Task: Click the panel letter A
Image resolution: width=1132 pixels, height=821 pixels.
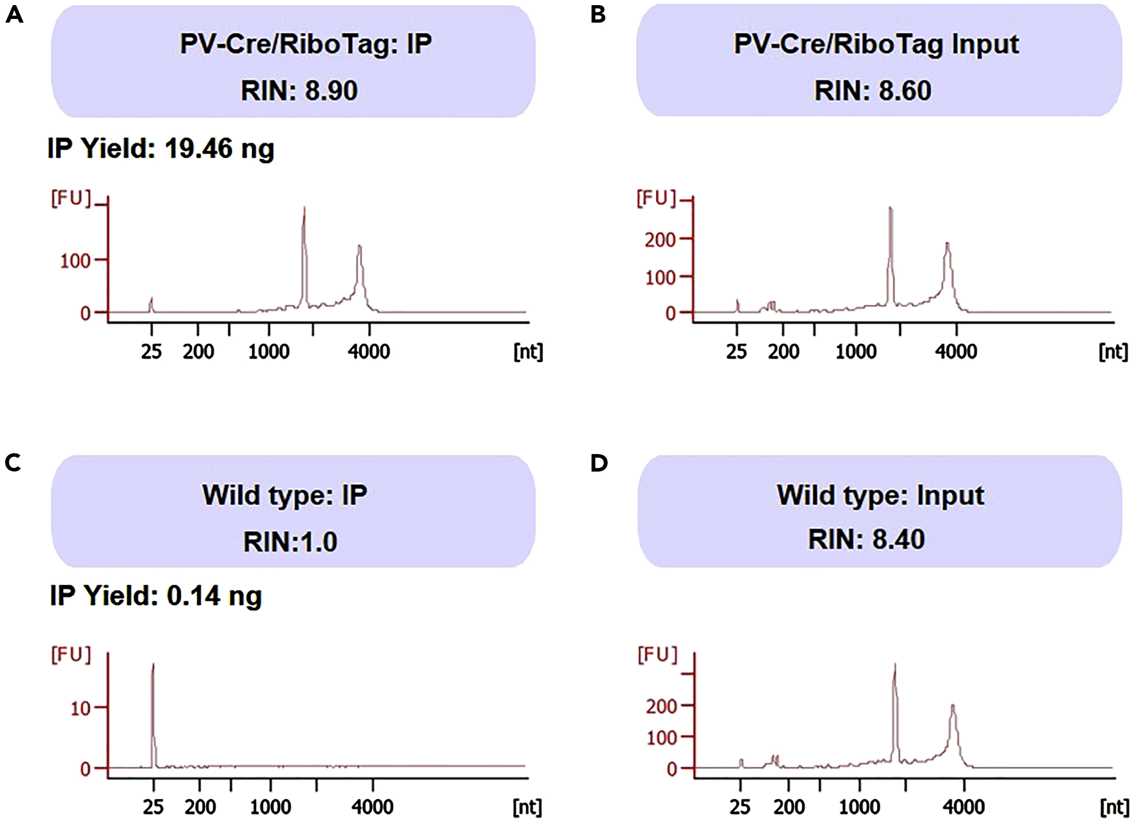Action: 14,15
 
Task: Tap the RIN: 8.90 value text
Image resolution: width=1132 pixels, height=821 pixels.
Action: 299,91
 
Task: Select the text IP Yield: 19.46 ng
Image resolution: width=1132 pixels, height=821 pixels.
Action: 161,149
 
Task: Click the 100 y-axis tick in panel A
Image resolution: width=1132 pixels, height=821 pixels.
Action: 75,261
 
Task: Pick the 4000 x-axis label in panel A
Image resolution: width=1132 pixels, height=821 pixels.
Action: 369,352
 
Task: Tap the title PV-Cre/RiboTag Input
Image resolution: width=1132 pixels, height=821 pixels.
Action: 876,44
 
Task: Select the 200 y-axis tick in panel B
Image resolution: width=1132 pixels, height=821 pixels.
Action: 660,240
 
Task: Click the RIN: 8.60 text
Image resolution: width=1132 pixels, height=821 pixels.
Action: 873,91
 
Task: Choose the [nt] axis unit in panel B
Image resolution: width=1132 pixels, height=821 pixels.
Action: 1113,352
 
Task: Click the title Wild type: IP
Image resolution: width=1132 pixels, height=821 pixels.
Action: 285,495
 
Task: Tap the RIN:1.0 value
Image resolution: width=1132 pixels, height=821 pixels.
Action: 290,542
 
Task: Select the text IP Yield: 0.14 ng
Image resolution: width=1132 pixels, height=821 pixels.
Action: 156,596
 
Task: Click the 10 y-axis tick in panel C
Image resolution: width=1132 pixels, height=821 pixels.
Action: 80,709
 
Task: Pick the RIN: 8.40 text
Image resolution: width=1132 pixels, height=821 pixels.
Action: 866,540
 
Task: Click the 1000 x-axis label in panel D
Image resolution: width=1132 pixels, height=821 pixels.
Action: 859,808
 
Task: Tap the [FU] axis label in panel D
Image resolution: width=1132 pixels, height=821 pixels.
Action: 658,655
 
